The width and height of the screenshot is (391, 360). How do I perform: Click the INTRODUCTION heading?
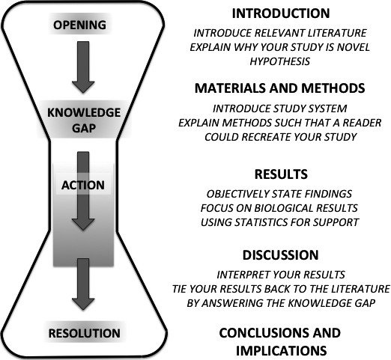(279, 13)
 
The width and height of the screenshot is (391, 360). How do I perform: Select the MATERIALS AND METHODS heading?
(279, 88)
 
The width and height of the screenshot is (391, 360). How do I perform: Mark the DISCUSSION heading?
(279, 254)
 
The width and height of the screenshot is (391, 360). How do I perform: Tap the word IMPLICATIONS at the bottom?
(279, 349)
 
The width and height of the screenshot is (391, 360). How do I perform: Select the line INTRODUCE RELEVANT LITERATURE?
(279, 34)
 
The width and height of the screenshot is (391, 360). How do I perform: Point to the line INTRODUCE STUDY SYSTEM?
(279, 108)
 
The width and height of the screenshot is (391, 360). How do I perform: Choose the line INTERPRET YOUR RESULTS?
(279, 274)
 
